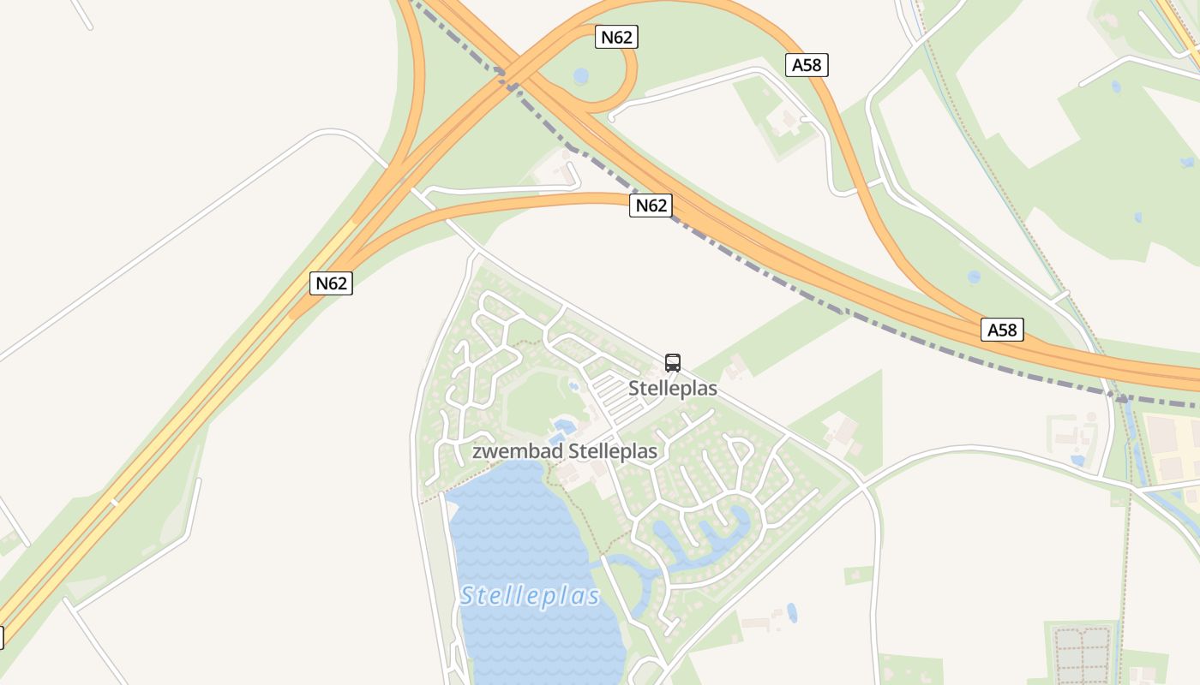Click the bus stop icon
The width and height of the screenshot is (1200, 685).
click(672, 362)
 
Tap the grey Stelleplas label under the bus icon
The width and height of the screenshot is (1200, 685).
click(673, 388)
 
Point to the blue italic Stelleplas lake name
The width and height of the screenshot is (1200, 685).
click(530, 595)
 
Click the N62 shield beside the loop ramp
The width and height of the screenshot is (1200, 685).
click(616, 37)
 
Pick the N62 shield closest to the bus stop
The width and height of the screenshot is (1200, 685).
click(650, 205)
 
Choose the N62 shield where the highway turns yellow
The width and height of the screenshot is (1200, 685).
click(331, 283)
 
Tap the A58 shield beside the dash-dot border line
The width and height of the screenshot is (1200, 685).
click(1002, 330)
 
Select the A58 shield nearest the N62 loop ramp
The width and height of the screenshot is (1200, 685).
click(807, 65)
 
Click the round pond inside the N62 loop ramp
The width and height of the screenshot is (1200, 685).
click(581, 76)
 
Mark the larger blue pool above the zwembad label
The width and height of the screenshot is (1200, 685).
click(563, 425)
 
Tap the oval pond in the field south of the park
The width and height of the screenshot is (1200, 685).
click(791, 613)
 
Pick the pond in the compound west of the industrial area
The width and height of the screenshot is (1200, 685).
click(1077, 460)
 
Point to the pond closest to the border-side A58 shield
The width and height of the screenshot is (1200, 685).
click(974, 277)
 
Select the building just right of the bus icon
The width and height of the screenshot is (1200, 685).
click(735, 370)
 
